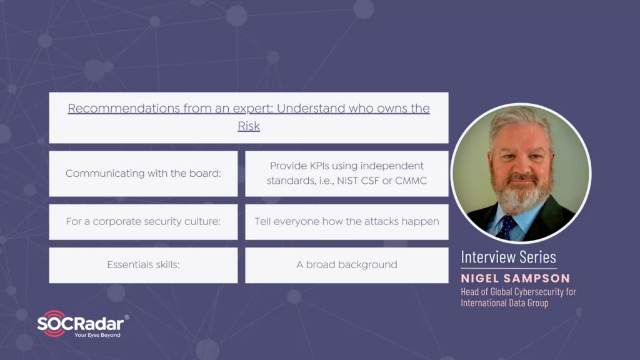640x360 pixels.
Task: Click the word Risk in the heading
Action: (249, 126)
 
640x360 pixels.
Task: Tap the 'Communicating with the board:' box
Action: (143, 174)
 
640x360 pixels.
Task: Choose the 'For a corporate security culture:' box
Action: (143, 222)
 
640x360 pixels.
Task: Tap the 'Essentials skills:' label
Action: (143, 265)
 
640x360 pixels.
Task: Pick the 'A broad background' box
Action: (346, 265)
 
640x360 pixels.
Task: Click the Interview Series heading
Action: (509, 257)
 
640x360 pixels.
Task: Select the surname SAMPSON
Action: (537, 278)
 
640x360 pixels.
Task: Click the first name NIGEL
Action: (481, 278)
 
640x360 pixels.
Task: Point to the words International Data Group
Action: (505, 303)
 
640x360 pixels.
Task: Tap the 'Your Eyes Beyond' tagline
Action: (97, 335)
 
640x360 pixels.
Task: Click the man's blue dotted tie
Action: (507, 227)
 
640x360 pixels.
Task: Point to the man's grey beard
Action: (521, 192)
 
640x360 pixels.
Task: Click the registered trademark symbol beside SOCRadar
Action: (127, 317)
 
